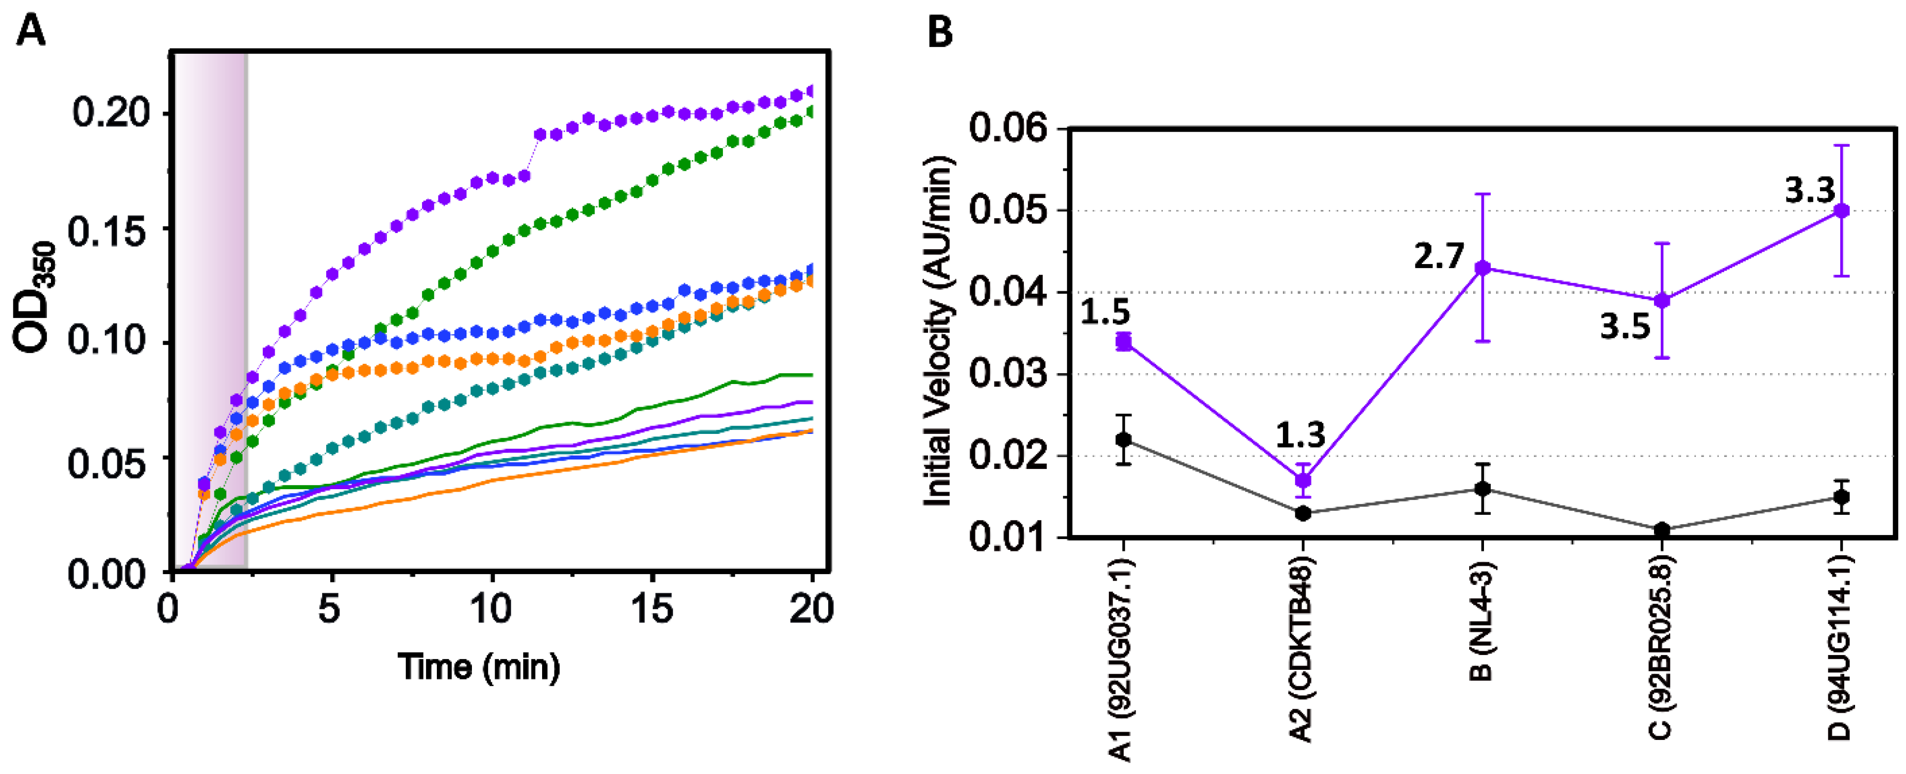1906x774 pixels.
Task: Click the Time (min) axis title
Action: pyautogui.click(x=479, y=667)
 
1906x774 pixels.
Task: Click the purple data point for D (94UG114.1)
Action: pyautogui.click(x=1842, y=211)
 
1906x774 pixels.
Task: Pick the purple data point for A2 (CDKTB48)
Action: pyautogui.click(x=1303, y=480)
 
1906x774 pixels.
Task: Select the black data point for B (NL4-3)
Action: pyautogui.click(x=1483, y=489)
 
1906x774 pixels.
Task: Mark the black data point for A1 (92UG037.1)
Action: pyautogui.click(x=1124, y=439)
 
